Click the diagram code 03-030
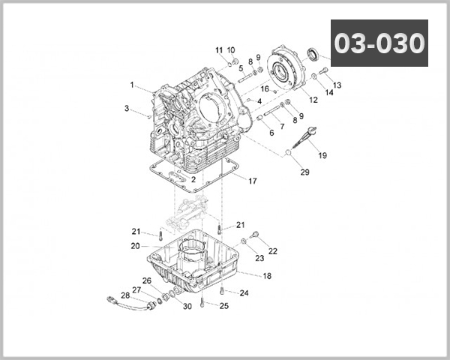[x=379, y=43]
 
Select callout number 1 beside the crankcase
[x=131, y=85]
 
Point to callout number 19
[x=323, y=156]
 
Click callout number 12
[x=313, y=100]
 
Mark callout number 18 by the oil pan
[x=267, y=276]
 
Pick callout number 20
[x=135, y=246]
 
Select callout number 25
[x=223, y=306]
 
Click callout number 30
[x=187, y=306]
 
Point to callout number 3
[x=127, y=109]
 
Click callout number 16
[x=265, y=89]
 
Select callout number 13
[x=337, y=85]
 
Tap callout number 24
[x=244, y=293]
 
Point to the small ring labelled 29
[x=287, y=154]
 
